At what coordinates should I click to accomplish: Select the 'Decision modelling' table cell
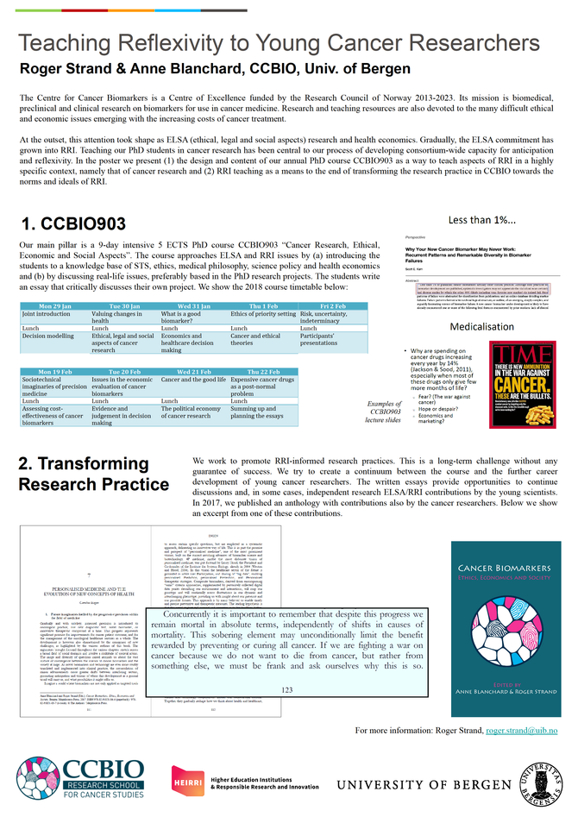click(53, 336)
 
